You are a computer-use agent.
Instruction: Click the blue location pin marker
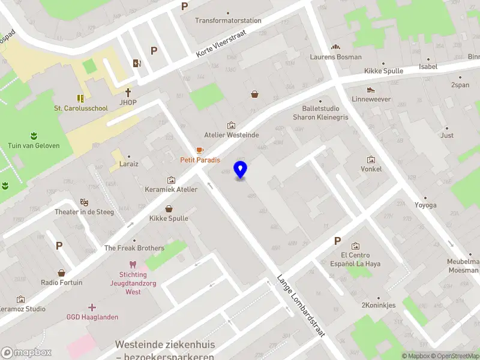241,170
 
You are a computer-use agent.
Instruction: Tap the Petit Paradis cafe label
200,160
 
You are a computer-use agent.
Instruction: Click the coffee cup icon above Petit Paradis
200,150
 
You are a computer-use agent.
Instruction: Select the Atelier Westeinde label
232,135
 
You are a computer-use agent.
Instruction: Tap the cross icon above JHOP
128,92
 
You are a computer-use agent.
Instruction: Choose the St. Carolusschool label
81,109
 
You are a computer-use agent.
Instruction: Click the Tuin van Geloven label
34,146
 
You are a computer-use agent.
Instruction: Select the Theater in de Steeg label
84,212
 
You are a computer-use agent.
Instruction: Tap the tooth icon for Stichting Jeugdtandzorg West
133,264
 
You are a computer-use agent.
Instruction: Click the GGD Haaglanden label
92,317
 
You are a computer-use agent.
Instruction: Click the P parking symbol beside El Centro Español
337,241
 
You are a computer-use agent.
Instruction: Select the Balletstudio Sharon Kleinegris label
320,113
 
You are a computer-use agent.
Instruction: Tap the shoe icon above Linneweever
371,89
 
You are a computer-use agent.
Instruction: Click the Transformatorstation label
228,20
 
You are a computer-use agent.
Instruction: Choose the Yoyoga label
425,205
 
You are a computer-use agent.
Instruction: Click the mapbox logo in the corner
26,353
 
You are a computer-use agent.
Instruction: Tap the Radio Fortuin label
62,283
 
